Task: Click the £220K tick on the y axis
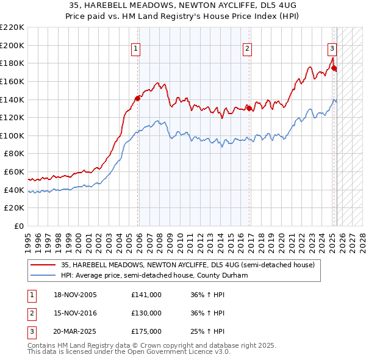click(x=12, y=27)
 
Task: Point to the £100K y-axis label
click(x=12, y=135)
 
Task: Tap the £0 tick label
click(x=18, y=226)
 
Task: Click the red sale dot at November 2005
click(x=138, y=98)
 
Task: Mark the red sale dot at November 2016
click(x=249, y=108)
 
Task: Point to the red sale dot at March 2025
click(x=334, y=67)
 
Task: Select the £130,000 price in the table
click(x=146, y=313)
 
